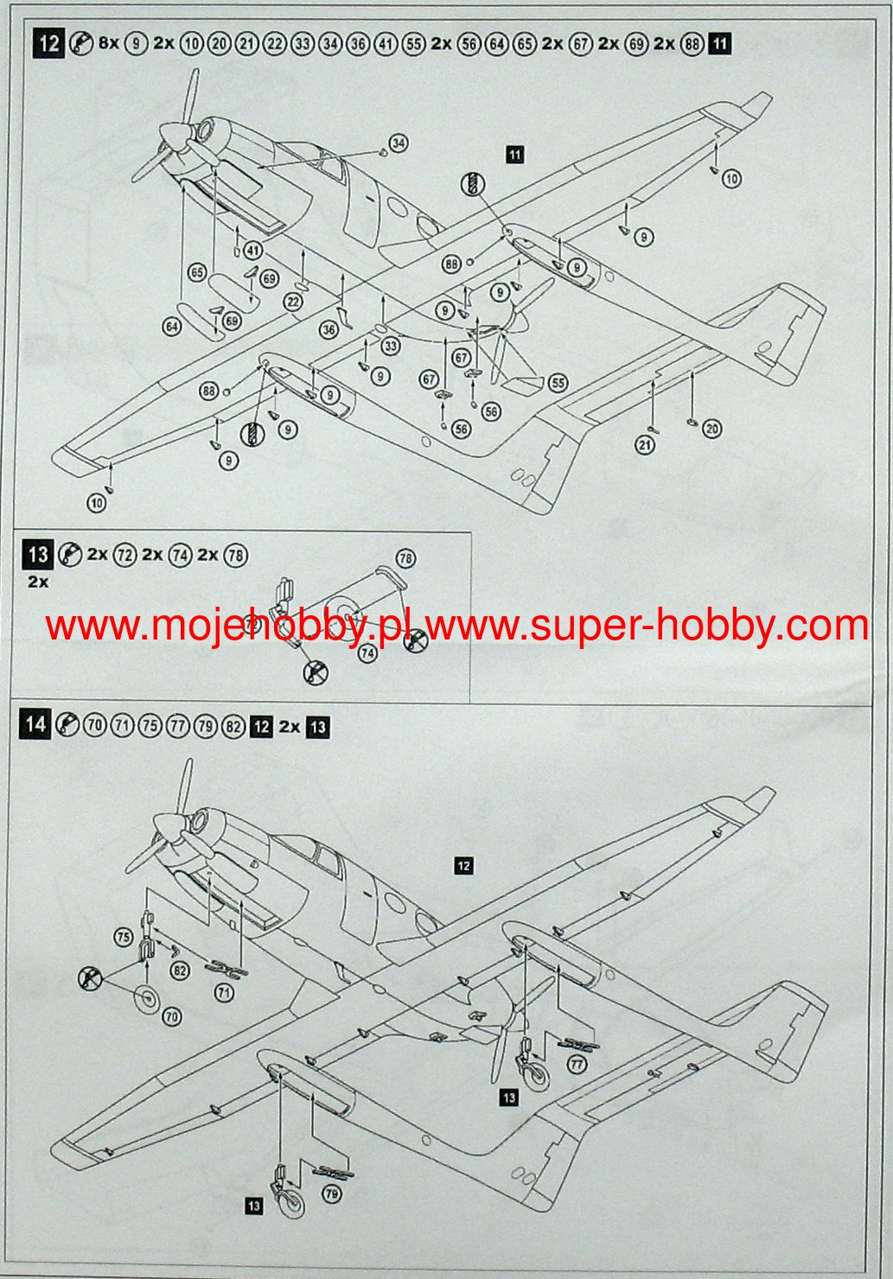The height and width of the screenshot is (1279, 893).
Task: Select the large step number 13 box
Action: [x=39, y=553]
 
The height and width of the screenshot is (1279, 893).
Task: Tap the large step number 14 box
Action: [x=35, y=724]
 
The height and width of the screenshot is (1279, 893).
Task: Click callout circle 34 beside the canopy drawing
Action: [x=399, y=143]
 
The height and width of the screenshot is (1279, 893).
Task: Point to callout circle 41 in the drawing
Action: [x=252, y=251]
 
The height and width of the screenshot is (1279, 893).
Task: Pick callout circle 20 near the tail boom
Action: [x=711, y=428]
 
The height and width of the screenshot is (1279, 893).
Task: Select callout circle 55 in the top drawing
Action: [x=558, y=382]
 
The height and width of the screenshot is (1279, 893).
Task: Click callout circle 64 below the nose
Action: [x=171, y=326]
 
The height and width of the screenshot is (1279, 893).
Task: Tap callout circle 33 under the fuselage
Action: [x=391, y=347]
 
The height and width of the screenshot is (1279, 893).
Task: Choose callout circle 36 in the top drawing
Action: [x=328, y=329]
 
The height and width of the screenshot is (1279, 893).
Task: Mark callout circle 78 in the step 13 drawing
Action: [x=405, y=558]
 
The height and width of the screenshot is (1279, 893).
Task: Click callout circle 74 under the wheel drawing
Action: [x=368, y=654]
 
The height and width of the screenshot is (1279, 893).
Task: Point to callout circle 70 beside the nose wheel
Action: [x=172, y=1017]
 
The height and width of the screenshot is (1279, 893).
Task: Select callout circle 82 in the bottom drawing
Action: [x=180, y=970]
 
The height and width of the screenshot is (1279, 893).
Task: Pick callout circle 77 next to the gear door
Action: [x=577, y=1065]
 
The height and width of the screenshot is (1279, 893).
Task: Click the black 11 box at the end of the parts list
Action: [x=719, y=44]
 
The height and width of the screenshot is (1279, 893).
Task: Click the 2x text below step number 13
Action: [x=38, y=582]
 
